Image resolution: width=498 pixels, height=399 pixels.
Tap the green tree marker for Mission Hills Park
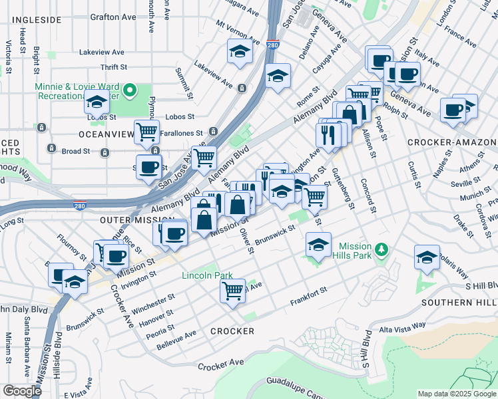pyautogui.click(x=381, y=250)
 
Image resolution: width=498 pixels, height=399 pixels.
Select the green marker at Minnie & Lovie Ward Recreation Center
pyautogui.click(x=131, y=90)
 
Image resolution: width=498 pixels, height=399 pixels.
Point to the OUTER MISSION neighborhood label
pyautogui.click(x=128, y=219)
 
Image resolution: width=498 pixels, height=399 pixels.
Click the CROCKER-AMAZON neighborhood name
pyautogui.click(x=451, y=142)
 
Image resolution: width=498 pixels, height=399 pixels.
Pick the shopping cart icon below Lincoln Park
pyautogui.click(x=232, y=289)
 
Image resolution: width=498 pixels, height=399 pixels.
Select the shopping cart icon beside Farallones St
pyautogui.click(x=146, y=130)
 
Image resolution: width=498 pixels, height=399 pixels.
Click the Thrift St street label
pyautogui.click(x=114, y=67)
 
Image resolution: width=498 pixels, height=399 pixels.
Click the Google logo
pyautogui.click(x=22, y=391)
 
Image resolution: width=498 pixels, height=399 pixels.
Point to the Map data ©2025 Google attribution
pyautogui.click(x=456, y=394)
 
